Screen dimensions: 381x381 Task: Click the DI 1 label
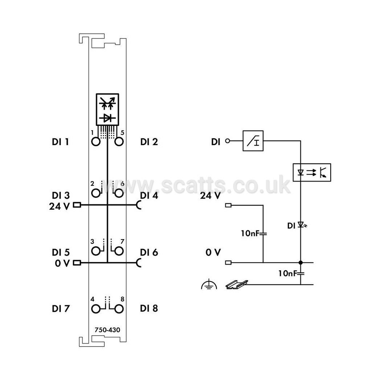[x=60, y=142]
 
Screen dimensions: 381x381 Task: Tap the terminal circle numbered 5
[x=119, y=142]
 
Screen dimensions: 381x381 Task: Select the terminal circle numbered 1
[x=96, y=142]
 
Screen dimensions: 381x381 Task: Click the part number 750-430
[x=107, y=330]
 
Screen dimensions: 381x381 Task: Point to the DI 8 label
[x=149, y=308]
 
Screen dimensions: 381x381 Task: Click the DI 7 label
[x=61, y=308]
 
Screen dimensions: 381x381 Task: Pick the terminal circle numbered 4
[x=96, y=309]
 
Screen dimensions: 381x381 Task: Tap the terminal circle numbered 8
[x=119, y=309]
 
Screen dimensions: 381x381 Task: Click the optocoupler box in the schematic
[x=312, y=172]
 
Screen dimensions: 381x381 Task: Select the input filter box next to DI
[x=253, y=141]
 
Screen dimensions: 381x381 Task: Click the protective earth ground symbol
[x=209, y=284]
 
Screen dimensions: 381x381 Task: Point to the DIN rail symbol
[x=237, y=284]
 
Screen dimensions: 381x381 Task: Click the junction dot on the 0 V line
[x=300, y=262]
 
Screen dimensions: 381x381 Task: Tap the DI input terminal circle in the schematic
[x=228, y=141]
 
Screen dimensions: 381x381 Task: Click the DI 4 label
[x=149, y=195]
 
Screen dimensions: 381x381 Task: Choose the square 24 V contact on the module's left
[x=77, y=205]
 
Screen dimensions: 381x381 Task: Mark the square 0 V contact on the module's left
[x=77, y=263]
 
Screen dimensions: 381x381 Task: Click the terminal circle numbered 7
[x=119, y=251]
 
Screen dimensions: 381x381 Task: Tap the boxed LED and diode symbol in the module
[x=107, y=109]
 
